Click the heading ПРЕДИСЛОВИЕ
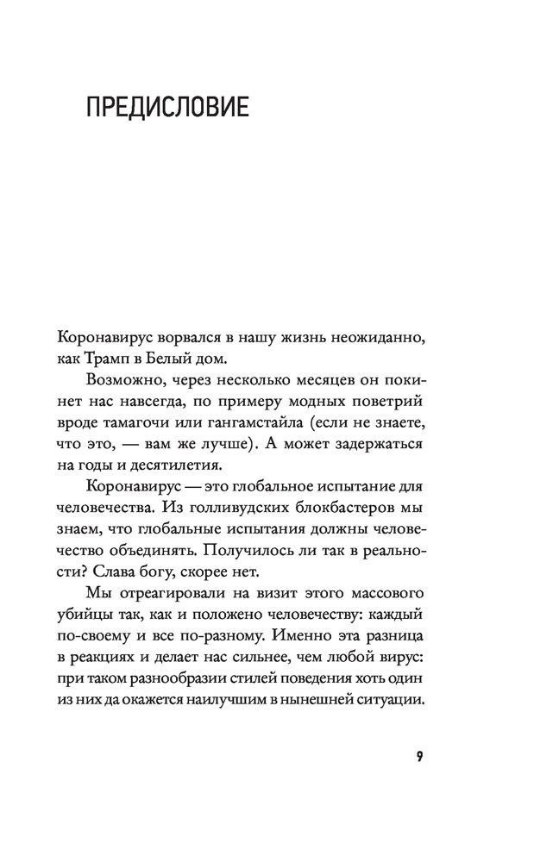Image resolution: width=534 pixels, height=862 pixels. (x=167, y=109)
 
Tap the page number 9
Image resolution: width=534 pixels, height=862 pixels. (x=418, y=758)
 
